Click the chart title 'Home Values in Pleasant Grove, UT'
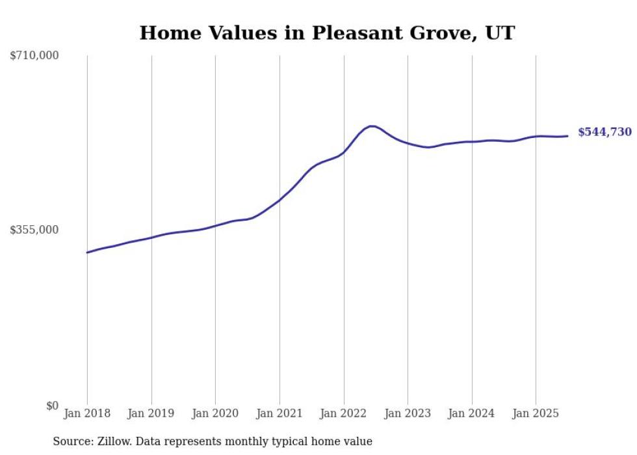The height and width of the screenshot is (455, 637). (x=327, y=33)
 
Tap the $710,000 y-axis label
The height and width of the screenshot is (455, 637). (x=34, y=56)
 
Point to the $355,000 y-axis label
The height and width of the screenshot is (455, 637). (x=34, y=230)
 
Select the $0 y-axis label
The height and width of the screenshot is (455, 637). (x=52, y=406)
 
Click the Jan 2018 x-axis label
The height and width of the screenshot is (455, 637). (x=87, y=413)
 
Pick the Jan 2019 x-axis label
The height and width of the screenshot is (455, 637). (x=151, y=413)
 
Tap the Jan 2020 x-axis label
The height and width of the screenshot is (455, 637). (x=215, y=413)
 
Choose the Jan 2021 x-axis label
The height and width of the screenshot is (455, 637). (x=279, y=413)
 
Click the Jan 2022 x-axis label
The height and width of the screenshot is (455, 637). (x=344, y=413)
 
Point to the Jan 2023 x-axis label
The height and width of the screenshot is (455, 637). (x=408, y=413)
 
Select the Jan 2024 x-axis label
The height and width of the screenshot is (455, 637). (x=472, y=413)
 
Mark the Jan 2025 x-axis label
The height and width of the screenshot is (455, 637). (x=536, y=413)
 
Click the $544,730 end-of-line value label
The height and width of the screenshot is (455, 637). (x=604, y=132)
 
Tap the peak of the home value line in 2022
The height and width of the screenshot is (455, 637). (x=371, y=126)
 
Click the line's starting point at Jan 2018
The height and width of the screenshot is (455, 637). (x=87, y=253)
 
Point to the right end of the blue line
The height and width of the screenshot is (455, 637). (x=567, y=136)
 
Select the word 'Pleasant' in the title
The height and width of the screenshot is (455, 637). (x=354, y=33)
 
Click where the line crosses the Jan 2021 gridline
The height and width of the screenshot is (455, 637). (x=279, y=200)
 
